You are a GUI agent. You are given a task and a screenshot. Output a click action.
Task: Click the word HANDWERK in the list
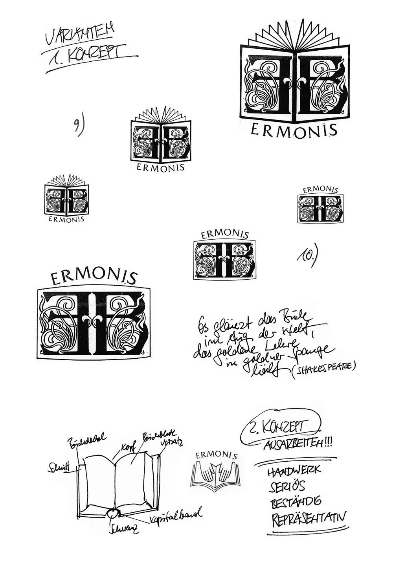tap(294, 470)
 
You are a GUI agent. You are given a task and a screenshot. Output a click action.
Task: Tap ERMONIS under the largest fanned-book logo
tap(294, 130)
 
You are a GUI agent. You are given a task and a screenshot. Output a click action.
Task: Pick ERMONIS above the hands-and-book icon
tap(216, 455)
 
